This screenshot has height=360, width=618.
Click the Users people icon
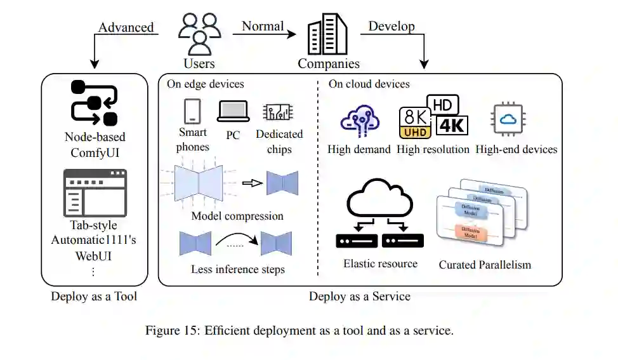(199, 34)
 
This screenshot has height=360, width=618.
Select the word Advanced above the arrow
(126, 27)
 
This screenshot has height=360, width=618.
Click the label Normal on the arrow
(263, 26)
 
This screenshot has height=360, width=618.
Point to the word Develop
(391, 26)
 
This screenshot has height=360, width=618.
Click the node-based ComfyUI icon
(94, 103)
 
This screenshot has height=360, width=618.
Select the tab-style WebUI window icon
(95, 193)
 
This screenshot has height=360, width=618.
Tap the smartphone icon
(192, 111)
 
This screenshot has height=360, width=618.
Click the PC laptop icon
(233, 112)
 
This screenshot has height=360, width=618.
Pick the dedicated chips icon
(279, 112)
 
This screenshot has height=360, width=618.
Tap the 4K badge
(452, 124)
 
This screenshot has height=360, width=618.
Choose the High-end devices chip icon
(508, 119)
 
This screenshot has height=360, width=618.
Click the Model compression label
(237, 216)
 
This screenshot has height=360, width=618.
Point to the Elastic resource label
(380, 263)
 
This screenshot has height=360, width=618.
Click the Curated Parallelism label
(485, 264)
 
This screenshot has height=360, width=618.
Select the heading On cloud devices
(369, 84)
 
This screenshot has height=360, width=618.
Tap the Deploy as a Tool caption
(94, 297)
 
